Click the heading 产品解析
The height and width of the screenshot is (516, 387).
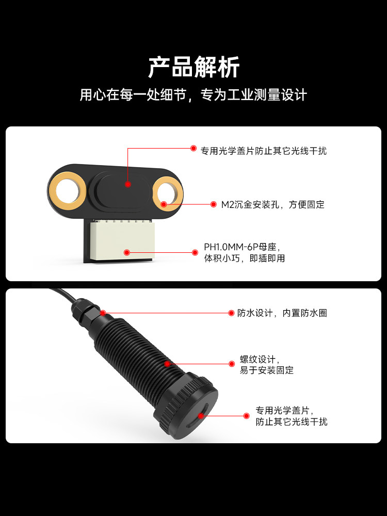click(x=193, y=67)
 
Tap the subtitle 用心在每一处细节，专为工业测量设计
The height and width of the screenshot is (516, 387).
click(x=193, y=95)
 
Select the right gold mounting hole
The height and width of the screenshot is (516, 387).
click(x=168, y=193)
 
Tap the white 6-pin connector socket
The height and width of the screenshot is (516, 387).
click(x=122, y=241)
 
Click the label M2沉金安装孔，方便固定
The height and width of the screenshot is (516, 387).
click(x=273, y=205)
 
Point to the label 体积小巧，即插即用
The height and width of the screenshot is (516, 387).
click(x=245, y=258)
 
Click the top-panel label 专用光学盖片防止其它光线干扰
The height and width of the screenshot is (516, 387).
click(x=264, y=151)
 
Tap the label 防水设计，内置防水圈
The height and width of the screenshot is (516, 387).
click(x=282, y=313)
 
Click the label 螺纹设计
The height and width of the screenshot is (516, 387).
click(x=260, y=359)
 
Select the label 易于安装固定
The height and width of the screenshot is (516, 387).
click(x=267, y=370)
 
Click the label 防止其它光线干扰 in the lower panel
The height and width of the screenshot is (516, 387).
click(x=292, y=422)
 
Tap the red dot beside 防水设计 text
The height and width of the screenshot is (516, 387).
click(x=231, y=313)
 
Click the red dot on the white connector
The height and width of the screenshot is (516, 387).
click(x=127, y=252)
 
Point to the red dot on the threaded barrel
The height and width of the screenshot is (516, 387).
click(x=167, y=364)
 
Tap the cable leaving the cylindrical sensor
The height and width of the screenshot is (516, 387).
click(x=62, y=295)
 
